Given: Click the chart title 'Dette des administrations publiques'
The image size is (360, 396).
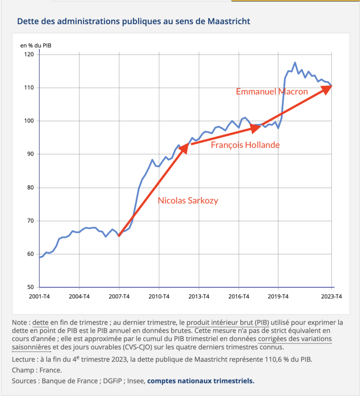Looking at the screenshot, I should pos(133,21).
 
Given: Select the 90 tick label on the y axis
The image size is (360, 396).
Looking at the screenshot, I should pos(30,154).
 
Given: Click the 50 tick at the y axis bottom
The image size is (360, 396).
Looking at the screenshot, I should pos(30,287).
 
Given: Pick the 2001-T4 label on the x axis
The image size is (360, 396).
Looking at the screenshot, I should pos(40,296).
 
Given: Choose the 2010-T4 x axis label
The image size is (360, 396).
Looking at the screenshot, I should pos(159,296).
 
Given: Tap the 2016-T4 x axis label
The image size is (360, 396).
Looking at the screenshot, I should pos(239,296).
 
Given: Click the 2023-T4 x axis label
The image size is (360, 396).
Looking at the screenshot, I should pos(331,296).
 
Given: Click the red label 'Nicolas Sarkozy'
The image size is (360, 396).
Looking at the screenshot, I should pos(188,201).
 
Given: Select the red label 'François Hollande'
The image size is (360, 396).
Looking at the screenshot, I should pos(245,145).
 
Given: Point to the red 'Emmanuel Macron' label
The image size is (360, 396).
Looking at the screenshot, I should pos(272,92).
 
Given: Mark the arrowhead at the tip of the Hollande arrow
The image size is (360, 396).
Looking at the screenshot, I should pos(257,128).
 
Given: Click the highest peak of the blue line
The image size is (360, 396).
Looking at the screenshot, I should pos(295,62).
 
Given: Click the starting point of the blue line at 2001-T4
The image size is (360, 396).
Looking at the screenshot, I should pos(40,257).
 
